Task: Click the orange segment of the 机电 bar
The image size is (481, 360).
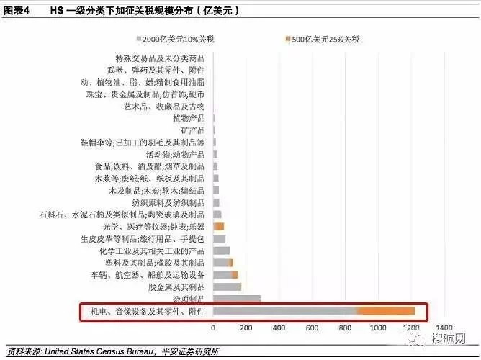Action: click(x=385, y=310)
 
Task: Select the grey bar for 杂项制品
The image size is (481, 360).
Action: click(x=237, y=298)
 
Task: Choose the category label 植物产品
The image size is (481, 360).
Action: click(x=189, y=117)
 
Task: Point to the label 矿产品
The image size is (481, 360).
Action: click(x=194, y=130)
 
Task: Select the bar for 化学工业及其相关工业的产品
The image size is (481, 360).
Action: click(x=222, y=251)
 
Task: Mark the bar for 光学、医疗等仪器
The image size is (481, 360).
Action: click(x=219, y=226)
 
